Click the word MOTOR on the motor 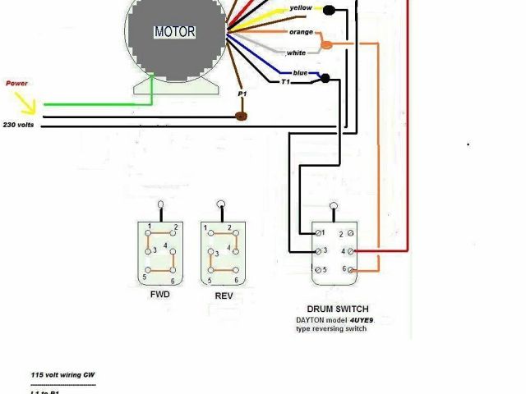(x=175, y=33)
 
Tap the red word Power (x=17, y=83)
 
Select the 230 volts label (x=17, y=124)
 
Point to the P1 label (x=242, y=95)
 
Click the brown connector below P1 (x=242, y=116)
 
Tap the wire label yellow (x=300, y=9)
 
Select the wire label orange (x=300, y=31)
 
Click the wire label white (x=296, y=53)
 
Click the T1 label (x=285, y=82)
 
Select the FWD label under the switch (x=159, y=293)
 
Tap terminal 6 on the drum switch (x=353, y=269)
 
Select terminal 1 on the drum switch (x=319, y=233)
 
